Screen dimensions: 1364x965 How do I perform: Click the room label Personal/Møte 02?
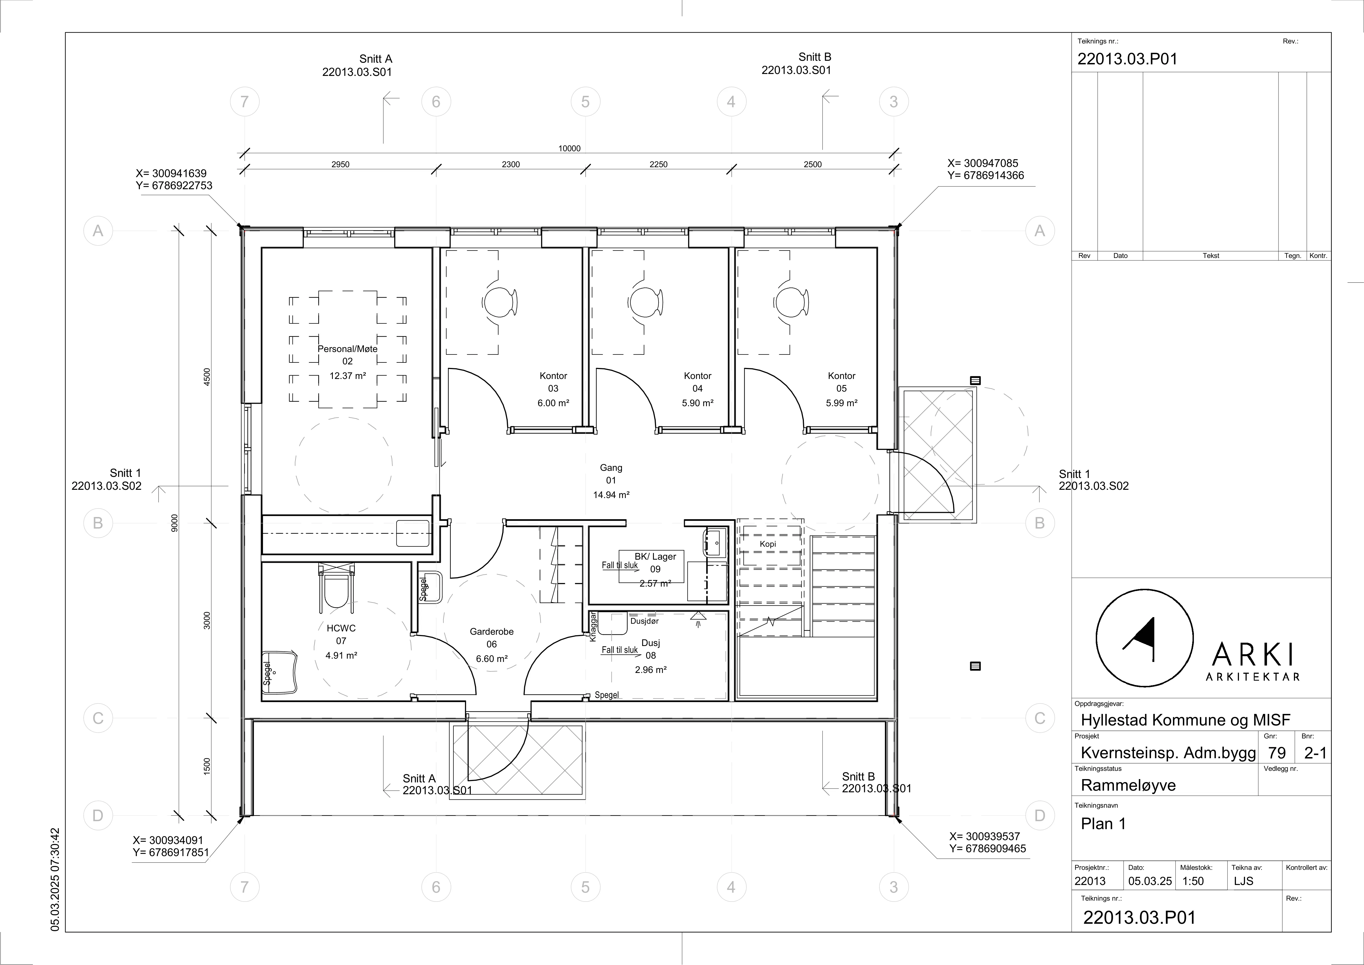click(x=348, y=355)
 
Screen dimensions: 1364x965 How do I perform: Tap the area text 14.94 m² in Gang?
click(x=611, y=495)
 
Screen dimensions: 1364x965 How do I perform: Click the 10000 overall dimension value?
click(x=569, y=149)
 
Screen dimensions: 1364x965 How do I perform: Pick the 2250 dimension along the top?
click(x=658, y=165)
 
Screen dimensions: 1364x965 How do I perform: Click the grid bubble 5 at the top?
click(x=585, y=102)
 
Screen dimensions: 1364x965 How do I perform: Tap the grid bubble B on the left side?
click(x=98, y=523)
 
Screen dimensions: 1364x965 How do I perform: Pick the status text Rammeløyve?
click(x=1128, y=785)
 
